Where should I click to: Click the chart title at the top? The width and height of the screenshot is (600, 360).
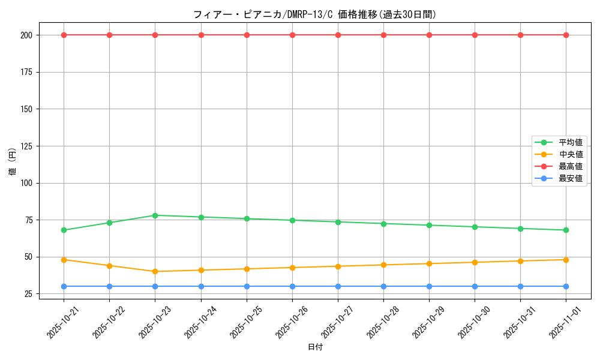314,14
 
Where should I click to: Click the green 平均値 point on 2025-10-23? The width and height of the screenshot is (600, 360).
155,215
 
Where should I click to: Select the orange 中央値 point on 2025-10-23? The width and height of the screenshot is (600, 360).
155,271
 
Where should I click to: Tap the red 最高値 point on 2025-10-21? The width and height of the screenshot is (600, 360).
64,35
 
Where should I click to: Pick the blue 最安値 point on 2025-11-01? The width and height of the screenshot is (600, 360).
566,286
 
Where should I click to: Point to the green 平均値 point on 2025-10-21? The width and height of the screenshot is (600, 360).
64,230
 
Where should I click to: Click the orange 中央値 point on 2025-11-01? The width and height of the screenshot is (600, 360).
566,260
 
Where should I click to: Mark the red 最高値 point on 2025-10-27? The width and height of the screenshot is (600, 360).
338,35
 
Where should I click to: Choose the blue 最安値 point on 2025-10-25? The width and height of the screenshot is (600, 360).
247,286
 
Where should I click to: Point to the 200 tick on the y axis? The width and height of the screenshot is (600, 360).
29,35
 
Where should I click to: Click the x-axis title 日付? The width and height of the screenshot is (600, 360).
314,347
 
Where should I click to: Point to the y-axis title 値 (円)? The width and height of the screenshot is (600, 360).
13,162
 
